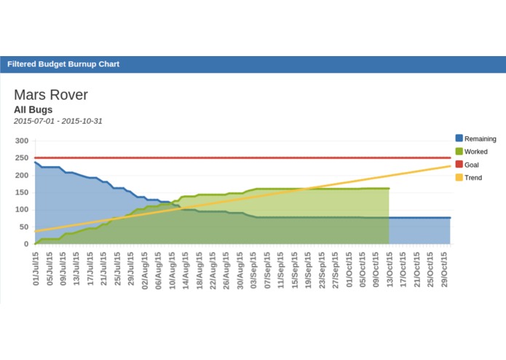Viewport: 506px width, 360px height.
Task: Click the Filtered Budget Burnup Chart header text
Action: pyautogui.click(x=63, y=64)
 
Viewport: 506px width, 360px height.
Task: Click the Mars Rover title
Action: pyautogui.click(x=51, y=95)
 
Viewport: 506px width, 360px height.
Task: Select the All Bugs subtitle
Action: pyautogui.click(x=33, y=110)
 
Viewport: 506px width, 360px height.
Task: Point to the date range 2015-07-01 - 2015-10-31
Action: pyautogui.click(x=58, y=121)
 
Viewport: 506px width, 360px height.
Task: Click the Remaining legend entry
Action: pyautogui.click(x=480, y=138)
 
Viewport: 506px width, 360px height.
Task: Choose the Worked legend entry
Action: pyautogui.click(x=475, y=152)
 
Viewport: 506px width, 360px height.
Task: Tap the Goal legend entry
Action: pyautogui.click(x=471, y=165)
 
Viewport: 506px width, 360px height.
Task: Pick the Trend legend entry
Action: pyautogui.click(x=473, y=178)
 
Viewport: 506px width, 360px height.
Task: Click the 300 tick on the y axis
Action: pyautogui.click(x=21, y=141)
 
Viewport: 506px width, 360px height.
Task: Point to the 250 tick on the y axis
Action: pyautogui.click(x=21, y=158)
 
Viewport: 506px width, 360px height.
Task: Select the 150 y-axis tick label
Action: pyautogui.click(x=21, y=192)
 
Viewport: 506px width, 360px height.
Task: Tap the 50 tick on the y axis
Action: pyautogui.click(x=23, y=227)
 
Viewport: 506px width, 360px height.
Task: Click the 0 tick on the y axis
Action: pyautogui.click(x=25, y=244)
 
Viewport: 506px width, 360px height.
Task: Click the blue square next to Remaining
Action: pyautogui.click(x=459, y=138)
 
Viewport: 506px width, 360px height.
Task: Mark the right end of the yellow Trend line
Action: pyautogui.click(x=449, y=166)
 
